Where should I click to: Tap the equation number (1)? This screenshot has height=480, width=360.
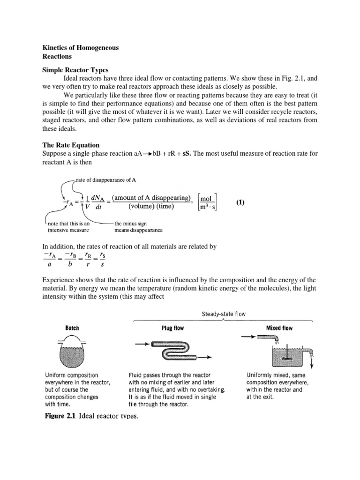[240, 202]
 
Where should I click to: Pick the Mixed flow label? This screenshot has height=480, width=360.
[279, 328]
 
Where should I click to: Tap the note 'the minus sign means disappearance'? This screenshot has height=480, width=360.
[139, 227]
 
